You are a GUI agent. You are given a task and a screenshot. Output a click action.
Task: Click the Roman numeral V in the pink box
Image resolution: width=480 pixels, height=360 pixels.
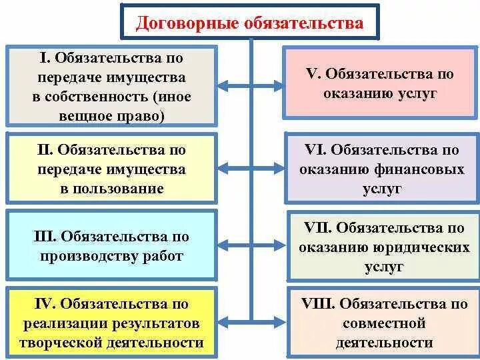click(x=311, y=74)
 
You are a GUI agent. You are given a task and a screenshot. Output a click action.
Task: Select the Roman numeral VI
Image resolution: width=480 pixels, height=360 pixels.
click(x=314, y=151)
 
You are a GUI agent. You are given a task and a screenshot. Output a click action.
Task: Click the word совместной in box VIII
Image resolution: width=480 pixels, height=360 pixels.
click(x=384, y=324)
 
